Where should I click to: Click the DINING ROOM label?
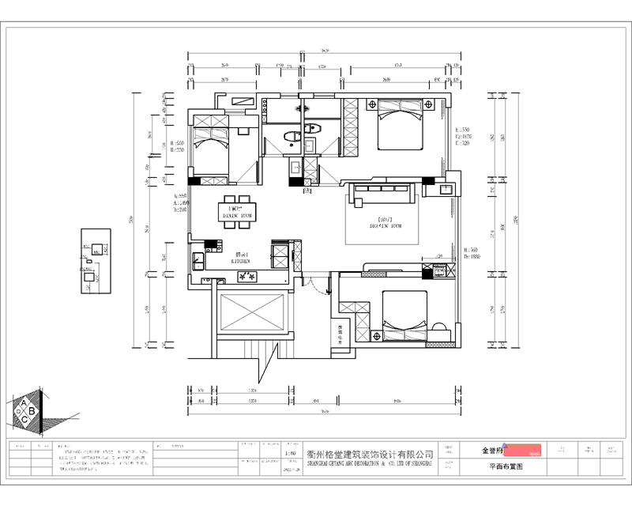pos(236,213)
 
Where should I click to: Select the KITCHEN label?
pos(240,259)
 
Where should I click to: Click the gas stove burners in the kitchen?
pos(246,276)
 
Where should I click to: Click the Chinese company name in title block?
pos(371,455)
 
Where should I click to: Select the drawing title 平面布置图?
pos(506,467)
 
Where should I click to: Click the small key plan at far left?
pos(96,262)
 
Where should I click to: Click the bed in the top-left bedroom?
pos(212,142)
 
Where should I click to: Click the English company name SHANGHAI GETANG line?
pos(371,466)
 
